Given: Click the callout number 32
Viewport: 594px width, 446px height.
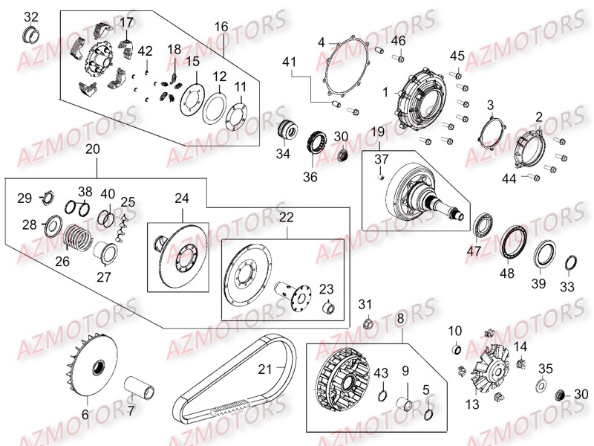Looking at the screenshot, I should pyautogui.click(x=30, y=16).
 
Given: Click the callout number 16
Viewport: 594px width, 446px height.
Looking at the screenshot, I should pyautogui.click(x=222, y=27).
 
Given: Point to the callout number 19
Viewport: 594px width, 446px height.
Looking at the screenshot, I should pyautogui.click(x=378, y=132).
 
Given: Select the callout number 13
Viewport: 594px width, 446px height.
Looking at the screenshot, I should pyautogui.click(x=472, y=404).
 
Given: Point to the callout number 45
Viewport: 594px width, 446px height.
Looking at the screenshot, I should pyautogui.click(x=457, y=55).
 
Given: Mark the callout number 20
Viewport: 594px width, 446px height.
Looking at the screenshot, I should pyautogui.click(x=92, y=149).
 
